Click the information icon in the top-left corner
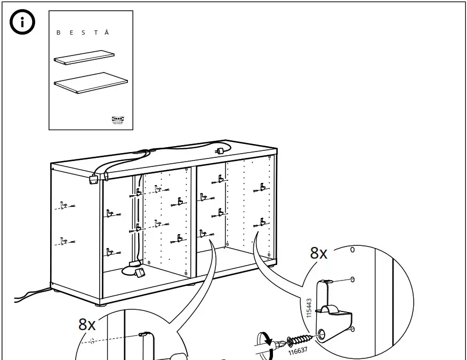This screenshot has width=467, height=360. tap(22, 23)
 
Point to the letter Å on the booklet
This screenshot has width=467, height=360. tap(107, 33)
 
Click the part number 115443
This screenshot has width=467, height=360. tap(309, 308)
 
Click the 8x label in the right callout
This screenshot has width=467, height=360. tap(319, 253)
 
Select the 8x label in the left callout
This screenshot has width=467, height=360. tap(87, 324)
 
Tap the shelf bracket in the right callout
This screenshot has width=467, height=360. tap(333, 307)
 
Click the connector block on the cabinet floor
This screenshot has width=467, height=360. tap(140, 273)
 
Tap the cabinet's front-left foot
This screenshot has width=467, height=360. tap(100, 305)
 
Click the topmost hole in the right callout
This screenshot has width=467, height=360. tap(352, 250)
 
